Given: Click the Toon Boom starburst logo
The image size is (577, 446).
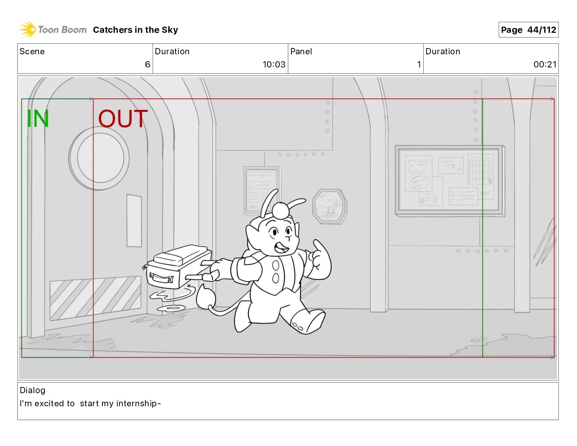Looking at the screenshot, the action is pos(28,29).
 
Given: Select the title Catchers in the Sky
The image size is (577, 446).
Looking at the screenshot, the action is pos(136,30).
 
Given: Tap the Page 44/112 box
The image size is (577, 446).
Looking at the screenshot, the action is pos(529,30).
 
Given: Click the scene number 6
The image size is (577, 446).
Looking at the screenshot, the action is pos(148,64).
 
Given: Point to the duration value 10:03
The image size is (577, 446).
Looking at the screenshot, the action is pos(274,64).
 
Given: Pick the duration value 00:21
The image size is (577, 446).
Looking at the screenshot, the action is pos(545,64).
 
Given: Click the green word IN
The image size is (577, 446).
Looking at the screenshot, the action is pos(38,118).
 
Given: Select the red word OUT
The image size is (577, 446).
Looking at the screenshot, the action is pos(123,118).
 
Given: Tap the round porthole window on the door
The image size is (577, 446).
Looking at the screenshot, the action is pos(99,158).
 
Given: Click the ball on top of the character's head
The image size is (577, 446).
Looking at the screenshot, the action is pos(280,210).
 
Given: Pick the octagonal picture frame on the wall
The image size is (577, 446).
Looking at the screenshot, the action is pos(330,207).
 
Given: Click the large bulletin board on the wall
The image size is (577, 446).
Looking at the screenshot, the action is pos(450,181).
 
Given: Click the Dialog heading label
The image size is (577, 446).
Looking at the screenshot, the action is pos(32,390).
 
